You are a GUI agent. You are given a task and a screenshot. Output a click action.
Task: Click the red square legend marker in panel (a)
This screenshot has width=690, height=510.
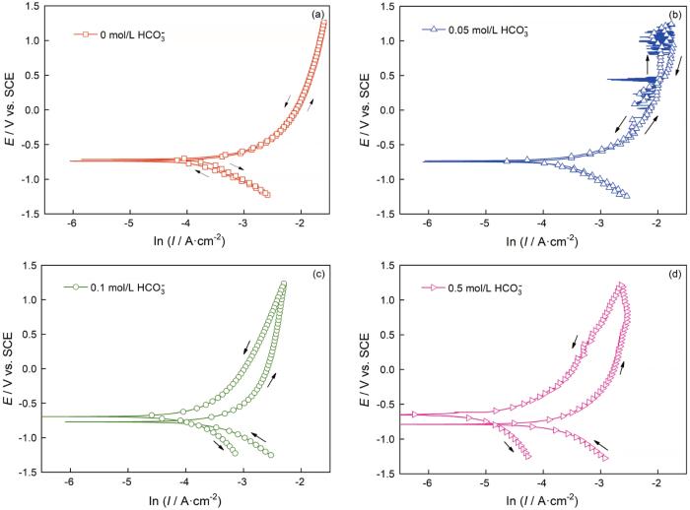coord(87,34)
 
